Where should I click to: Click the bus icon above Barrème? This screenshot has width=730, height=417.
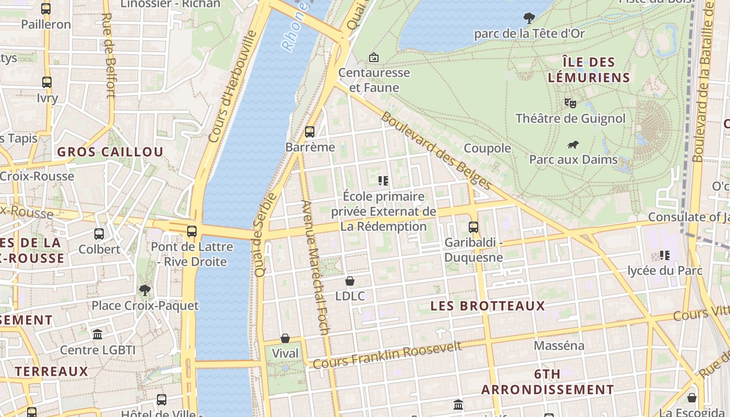pos(310,131)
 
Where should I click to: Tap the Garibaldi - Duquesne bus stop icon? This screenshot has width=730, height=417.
pos(473,227)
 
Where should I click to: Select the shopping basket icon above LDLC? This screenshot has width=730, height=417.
pos(350,281)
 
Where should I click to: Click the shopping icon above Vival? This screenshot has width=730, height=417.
pos(285,338)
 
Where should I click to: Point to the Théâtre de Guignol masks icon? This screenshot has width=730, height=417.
pos(570,103)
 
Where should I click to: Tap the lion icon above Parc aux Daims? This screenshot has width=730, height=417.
pos(573,144)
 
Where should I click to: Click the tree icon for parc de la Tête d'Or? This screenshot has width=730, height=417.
pos(529,18)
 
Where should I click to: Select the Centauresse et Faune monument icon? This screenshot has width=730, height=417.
pos(373,57)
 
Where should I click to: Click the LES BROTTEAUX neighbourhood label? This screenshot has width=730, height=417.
pos(488,306)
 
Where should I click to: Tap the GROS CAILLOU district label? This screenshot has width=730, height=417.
pos(110,152)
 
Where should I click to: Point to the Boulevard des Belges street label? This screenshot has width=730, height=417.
pos(436,151)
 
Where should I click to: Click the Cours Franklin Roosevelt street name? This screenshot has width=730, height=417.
pos(387,354)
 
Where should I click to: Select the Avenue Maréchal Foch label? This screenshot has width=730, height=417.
pos(315,267)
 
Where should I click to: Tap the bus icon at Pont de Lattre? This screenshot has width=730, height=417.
pos(192,231)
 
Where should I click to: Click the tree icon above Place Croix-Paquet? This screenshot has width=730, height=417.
pos(145,290)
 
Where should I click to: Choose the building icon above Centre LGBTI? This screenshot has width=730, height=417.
pos(98,334)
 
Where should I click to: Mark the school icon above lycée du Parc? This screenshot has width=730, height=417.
pos(665,255)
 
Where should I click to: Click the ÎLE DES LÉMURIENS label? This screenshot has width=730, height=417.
pos(589,70)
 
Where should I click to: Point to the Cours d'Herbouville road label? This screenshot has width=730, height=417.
pos(233,86)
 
